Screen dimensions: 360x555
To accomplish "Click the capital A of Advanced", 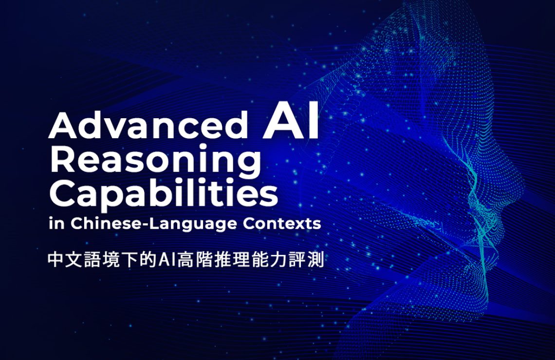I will [x=60, y=125].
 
